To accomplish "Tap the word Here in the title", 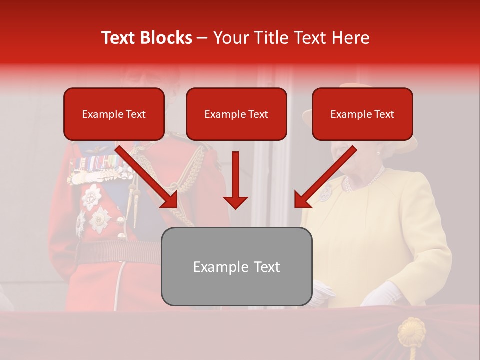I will [350, 38].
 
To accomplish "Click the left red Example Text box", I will [114, 114].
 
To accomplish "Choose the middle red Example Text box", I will [236, 114].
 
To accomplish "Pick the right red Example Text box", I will [362, 114].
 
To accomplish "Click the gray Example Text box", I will [236, 267].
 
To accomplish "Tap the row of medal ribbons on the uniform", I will [95, 163].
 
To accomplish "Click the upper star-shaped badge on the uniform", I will [91, 196].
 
